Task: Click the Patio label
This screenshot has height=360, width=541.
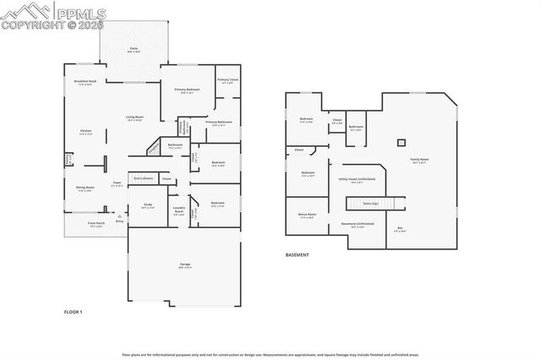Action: click(134, 50)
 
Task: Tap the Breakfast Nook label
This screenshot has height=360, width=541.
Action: click(85, 82)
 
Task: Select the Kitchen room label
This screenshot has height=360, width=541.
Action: click(85, 131)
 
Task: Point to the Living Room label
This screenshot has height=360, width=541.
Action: click(134, 117)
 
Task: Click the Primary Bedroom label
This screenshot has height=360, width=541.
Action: click(187, 90)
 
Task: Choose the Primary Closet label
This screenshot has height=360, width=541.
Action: click(227, 80)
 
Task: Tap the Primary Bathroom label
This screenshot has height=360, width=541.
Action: click(218, 123)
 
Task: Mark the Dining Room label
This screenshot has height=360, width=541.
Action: click(85, 188)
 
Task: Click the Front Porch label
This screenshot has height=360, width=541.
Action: click(96, 224)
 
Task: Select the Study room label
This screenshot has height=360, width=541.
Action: click(147, 205)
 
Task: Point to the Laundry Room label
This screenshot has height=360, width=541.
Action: click(179, 211)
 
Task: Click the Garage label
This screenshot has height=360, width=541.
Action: click(184, 266)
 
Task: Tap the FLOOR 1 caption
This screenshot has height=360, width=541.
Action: click(74, 312)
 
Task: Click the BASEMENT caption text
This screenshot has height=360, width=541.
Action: click(297, 254)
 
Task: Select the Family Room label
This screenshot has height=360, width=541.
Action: click(420, 160)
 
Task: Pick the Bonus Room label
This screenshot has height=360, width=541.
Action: click(306, 215)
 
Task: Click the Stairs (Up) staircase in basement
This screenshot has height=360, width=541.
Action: click(370, 204)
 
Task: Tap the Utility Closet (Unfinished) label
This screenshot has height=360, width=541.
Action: click(356, 179)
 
